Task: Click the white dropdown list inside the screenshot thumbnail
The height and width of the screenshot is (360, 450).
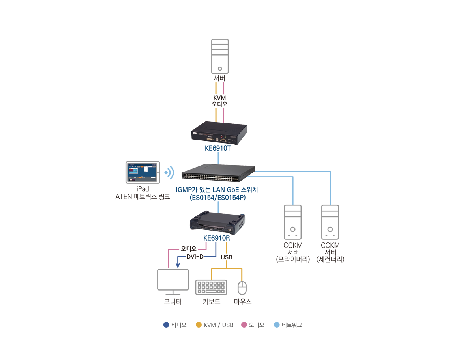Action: tap(146, 170)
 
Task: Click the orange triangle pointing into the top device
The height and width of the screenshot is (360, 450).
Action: tap(214, 114)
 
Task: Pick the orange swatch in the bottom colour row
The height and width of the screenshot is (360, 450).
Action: tap(197, 319)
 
